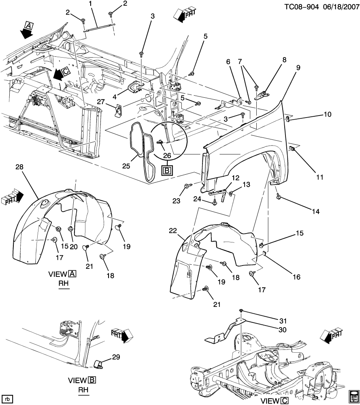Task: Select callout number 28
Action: pos(19,167)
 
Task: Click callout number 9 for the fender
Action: pos(298,68)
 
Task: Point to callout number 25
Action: pos(126,166)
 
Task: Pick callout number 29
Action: pos(116,357)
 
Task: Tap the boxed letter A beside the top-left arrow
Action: pos(29,26)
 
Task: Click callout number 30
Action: pos(283,330)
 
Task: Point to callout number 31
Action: pos(283,321)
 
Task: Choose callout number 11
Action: pos(320,177)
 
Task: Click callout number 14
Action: pos(315,212)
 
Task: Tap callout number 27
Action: pos(101,102)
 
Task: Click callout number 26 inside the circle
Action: pos(167,156)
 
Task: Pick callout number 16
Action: pos(296,277)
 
